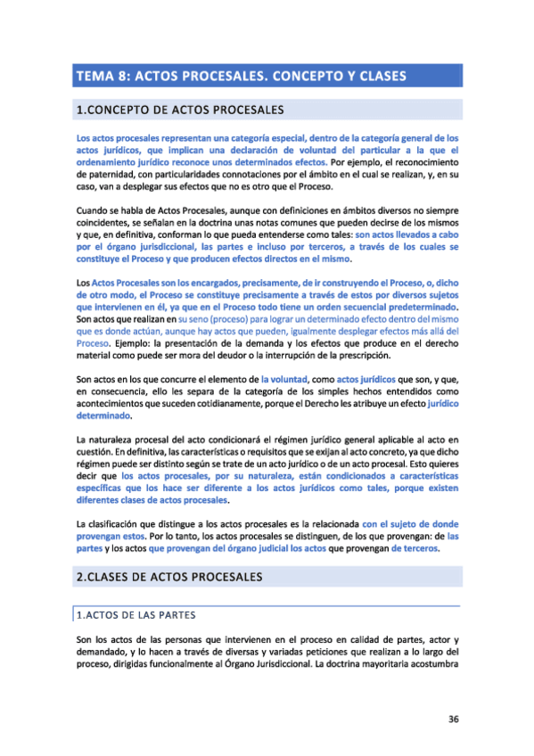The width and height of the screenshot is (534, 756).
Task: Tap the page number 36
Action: pos(453,719)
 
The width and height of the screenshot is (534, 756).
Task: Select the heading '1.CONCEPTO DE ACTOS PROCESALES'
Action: pos(179,111)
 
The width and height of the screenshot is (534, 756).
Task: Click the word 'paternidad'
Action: pos(101,176)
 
